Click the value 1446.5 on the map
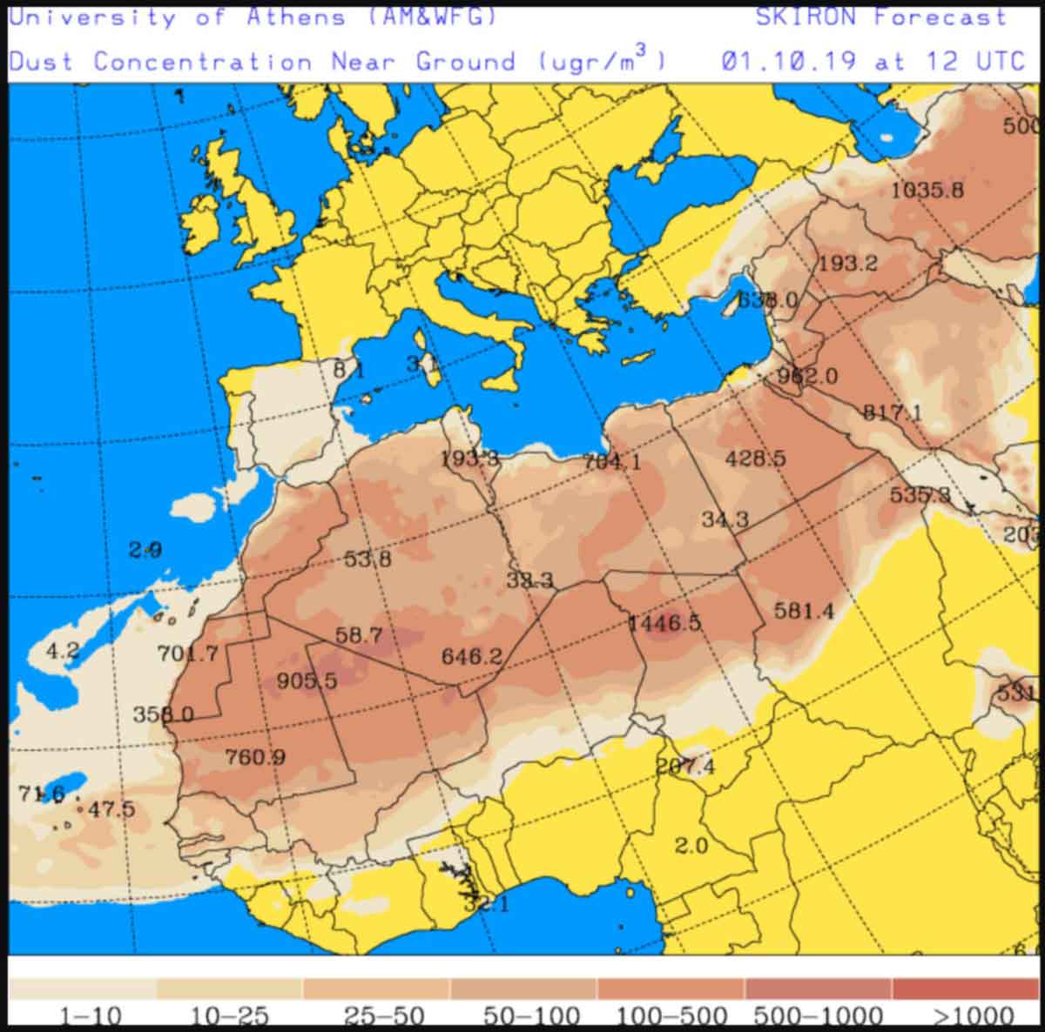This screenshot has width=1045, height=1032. (664, 623)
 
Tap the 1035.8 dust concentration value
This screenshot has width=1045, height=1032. (927, 189)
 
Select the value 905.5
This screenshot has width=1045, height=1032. (307, 680)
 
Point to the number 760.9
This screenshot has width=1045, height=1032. (255, 757)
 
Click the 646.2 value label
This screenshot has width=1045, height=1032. (471, 656)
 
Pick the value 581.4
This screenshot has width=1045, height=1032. (804, 611)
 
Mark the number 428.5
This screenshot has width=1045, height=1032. (755, 458)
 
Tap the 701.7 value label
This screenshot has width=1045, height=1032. (187, 652)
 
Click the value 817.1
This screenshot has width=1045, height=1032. (892, 412)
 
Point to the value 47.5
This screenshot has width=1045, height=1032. (111, 809)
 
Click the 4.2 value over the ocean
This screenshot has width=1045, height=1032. (63, 650)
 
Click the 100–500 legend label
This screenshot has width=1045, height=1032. (671, 1015)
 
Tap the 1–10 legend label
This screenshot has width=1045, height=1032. (90, 1015)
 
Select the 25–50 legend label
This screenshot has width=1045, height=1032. (383, 1015)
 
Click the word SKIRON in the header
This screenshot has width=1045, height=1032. (806, 17)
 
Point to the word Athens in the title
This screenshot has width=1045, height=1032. (295, 17)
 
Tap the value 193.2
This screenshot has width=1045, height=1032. (847, 263)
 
